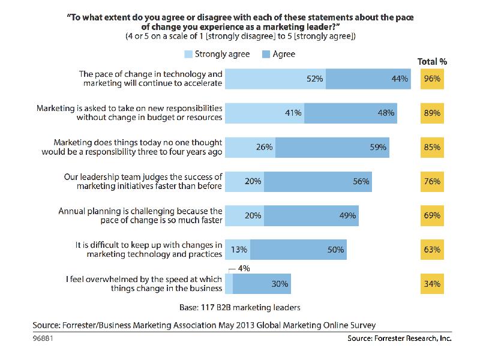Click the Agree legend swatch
pyautogui.click(x=268, y=55)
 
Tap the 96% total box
pyautogui.click(x=432, y=79)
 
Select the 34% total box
pyautogui.click(x=432, y=284)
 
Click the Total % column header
pyautogui.click(x=432, y=61)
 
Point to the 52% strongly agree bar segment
pyautogui.click(x=275, y=79)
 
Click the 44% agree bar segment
pyautogui.click(x=368, y=79)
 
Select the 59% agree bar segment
pyautogui.click(x=332, y=147)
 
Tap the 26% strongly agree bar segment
pyautogui.click(x=250, y=147)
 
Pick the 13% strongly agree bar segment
pyautogui.click(x=236, y=250)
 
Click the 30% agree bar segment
pyautogui.click(x=262, y=284)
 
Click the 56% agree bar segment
pyautogui.click(x=317, y=181)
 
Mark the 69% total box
pyautogui.click(x=432, y=215)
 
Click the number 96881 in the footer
pyautogui.click(x=43, y=338)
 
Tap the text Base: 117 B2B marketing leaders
pyautogui.click(x=240, y=307)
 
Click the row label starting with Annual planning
pyautogui.click(x=140, y=215)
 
